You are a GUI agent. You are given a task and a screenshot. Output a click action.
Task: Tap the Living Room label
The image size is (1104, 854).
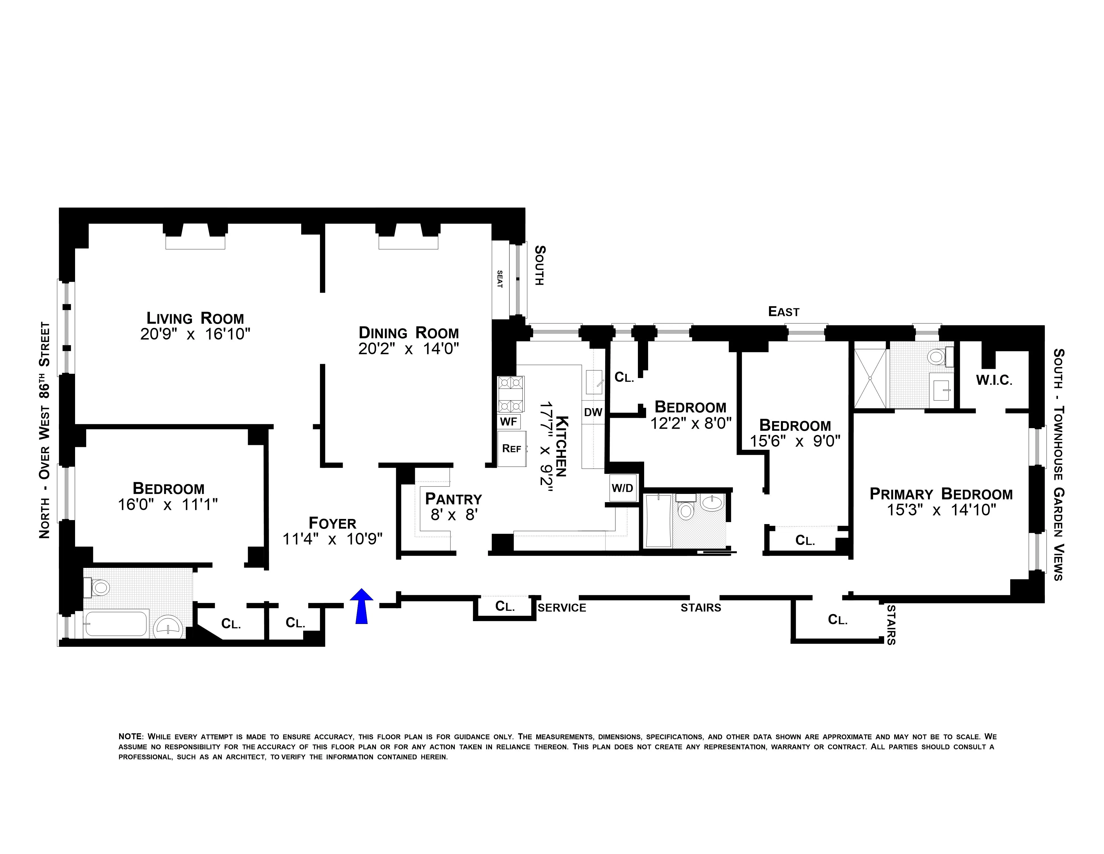[195, 318]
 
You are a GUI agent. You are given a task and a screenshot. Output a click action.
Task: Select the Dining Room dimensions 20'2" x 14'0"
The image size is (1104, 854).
[408, 349]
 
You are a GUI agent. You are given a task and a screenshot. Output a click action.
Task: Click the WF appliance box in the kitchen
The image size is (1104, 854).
[508, 421]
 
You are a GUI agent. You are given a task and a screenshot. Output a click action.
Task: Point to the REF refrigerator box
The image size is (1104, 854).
[512, 448]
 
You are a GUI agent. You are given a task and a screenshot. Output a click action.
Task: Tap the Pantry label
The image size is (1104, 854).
[453, 499]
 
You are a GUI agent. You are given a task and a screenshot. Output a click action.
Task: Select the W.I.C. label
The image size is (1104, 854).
[994, 380]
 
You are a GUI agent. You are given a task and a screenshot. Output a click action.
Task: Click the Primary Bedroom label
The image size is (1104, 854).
[941, 494]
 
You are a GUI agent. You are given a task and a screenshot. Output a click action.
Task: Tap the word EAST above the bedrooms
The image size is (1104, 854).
[783, 312]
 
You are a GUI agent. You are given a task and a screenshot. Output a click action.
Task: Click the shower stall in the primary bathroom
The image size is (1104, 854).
[870, 378]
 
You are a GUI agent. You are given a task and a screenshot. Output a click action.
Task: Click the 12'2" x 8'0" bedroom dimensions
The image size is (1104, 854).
[690, 423]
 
